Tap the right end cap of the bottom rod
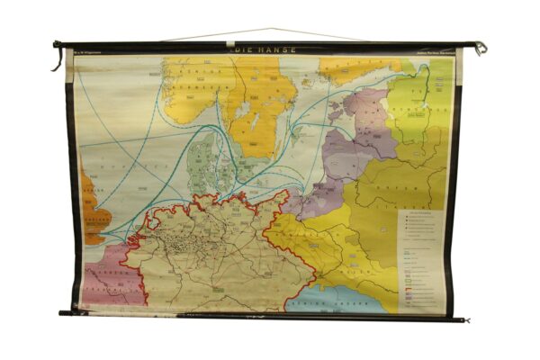(466, 319)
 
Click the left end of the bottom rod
(63, 312)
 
